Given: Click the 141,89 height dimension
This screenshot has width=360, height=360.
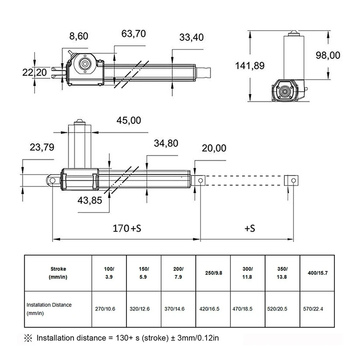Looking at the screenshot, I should [250, 66].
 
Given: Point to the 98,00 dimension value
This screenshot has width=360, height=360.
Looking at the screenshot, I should [328, 55].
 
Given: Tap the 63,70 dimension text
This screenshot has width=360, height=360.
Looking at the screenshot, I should [134, 34].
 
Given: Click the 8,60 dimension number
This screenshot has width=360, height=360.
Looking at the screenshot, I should [79, 36].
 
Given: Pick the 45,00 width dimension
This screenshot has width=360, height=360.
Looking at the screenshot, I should [129, 120].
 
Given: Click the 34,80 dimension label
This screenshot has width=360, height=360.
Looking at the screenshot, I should [166, 144].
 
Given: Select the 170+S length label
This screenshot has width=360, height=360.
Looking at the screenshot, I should [127, 228].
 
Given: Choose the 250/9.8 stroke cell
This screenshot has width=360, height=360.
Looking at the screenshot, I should [213, 273].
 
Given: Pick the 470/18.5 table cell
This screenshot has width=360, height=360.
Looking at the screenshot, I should [247, 309].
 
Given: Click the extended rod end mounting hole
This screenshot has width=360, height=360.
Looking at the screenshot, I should [293, 180].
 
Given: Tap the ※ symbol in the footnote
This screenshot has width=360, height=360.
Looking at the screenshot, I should [28, 337].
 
